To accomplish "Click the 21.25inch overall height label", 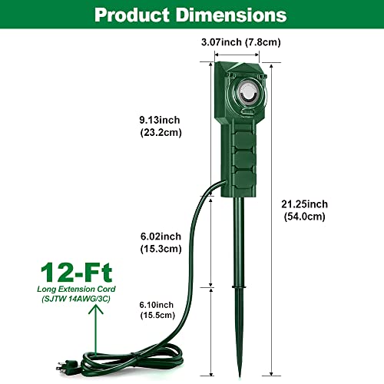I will point(304,204).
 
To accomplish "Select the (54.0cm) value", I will point(304,217).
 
